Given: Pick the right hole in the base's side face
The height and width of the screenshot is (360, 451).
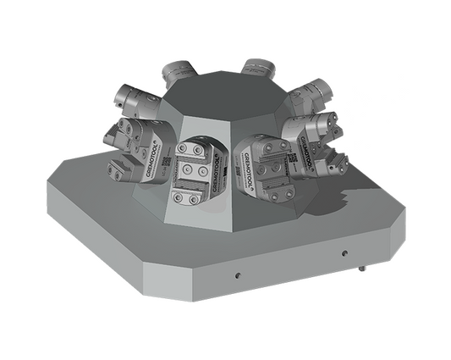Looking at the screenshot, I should pyautogui.click(x=344, y=253).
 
